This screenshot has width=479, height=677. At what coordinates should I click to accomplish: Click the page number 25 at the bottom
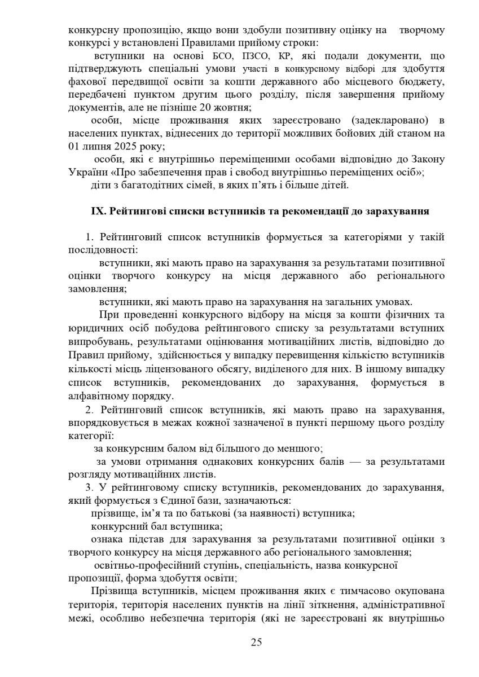(x=256, y=642)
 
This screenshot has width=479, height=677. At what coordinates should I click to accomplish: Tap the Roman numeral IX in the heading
(x=99, y=212)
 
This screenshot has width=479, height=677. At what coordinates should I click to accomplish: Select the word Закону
(x=424, y=160)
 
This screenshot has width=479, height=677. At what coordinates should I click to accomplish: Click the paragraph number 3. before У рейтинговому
(x=89, y=487)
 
